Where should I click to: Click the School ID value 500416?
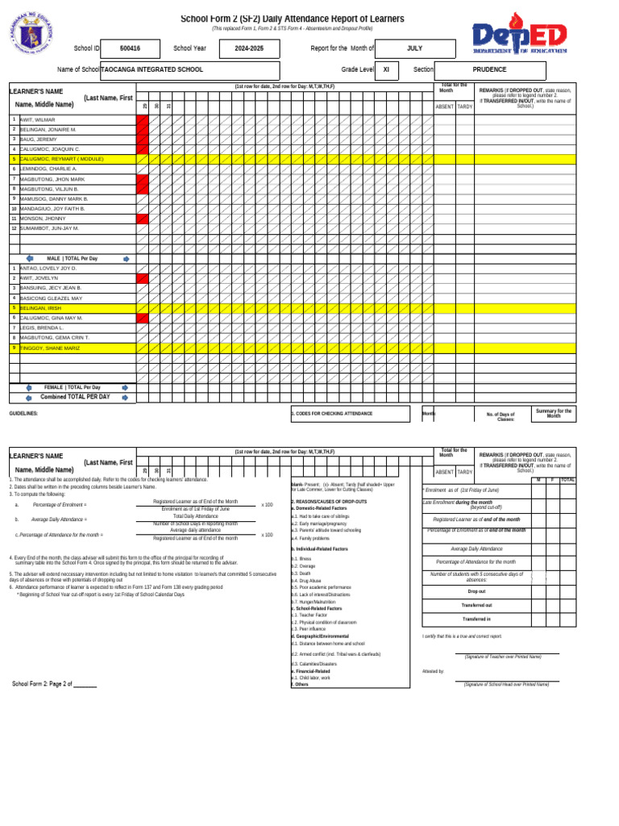[129, 48]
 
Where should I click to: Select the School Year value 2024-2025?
[249, 48]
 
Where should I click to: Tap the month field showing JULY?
[414, 48]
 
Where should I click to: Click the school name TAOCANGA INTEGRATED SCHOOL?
[152, 70]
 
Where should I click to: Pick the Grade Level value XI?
[386, 70]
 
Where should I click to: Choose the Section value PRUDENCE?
[489, 70]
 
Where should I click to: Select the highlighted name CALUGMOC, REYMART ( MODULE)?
[61, 159]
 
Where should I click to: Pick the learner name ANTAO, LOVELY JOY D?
[48, 268]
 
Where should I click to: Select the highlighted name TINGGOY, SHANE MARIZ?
[49, 348]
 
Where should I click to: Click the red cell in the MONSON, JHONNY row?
[143, 219]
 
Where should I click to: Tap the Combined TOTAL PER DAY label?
[75, 397]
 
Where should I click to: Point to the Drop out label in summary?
[476, 591]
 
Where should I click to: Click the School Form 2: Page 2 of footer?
[54, 683]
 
